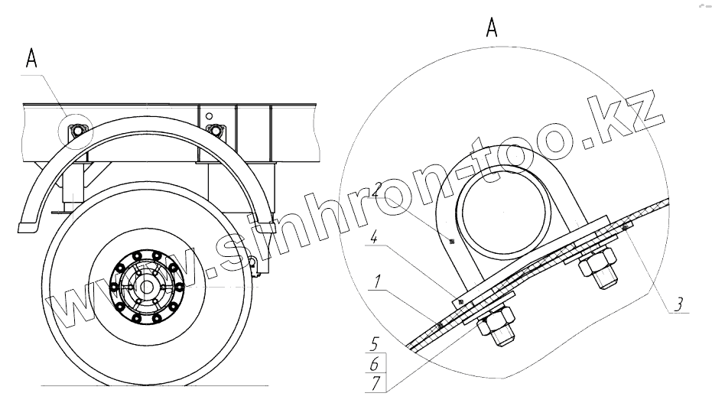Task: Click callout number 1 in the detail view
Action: click(x=376, y=282)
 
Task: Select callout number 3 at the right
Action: click(x=678, y=304)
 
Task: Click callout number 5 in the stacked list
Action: click(x=374, y=344)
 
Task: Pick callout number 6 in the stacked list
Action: click(x=375, y=364)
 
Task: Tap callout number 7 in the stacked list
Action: click(x=375, y=383)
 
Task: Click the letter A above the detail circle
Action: click(x=492, y=28)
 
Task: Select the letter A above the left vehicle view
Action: click(x=31, y=59)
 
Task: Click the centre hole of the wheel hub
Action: click(x=146, y=287)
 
